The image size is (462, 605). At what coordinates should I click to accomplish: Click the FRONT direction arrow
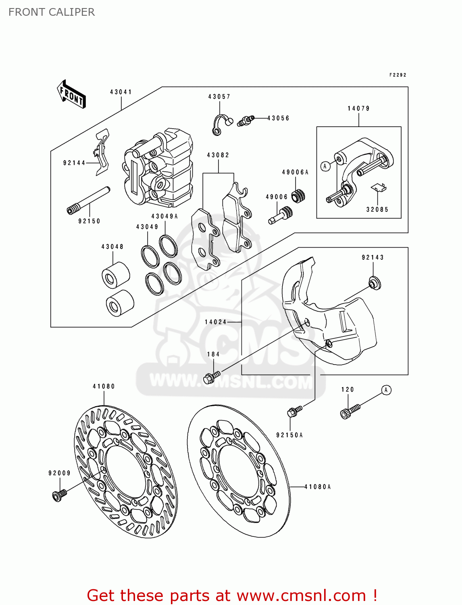(x=71, y=94)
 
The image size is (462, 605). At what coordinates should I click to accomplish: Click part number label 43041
(x=121, y=92)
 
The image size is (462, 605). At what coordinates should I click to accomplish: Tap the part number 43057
(x=219, y=97)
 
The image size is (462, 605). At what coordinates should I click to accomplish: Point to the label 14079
(x=358, y=108)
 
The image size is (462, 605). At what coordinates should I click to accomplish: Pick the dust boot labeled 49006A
(x=298, y=195)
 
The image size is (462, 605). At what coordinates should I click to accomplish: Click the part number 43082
(x=218, y=155)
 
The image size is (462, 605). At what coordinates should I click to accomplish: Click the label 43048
(x=112, y=246)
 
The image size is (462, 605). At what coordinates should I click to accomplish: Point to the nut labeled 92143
(x=375, y=283)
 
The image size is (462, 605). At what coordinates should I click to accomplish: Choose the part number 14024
(x=216, y=322)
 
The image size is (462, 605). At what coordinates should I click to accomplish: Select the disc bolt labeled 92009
(x=59, y=494)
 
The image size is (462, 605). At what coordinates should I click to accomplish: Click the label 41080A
(x=318, y=487)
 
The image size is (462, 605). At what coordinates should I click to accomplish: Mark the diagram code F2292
(x=397, y=75)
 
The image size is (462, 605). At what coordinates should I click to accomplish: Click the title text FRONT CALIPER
(x=52, y=12)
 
